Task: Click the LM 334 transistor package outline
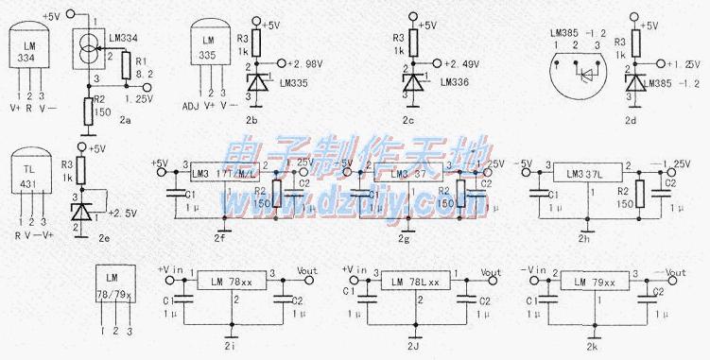(30, 51)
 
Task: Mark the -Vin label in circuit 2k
(536, 270)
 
